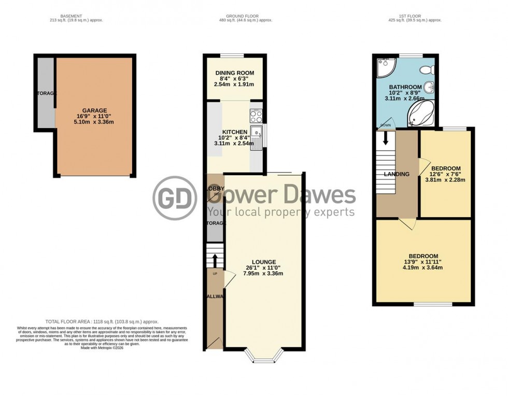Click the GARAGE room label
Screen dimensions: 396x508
click(94, 110)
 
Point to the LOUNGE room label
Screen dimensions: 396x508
click(264, 262)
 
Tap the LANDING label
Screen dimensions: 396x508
click(397, 174)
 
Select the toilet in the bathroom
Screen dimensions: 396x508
click(426, 69)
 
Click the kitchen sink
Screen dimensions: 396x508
click(257, 137)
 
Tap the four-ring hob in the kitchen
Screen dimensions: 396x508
click(256, 117)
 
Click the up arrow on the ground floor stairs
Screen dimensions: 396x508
click(215, 259)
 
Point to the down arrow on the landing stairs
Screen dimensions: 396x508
click(386, 139)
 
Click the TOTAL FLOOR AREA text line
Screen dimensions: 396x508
click(102, 322)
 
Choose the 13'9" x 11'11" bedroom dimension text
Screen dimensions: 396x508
click(423, 262)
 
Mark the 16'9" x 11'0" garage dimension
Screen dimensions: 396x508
click(94, 116)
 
